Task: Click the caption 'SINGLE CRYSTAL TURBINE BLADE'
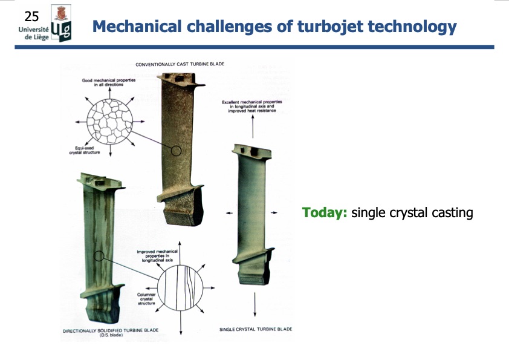(255, 329)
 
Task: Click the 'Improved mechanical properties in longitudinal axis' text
(157, 257)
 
